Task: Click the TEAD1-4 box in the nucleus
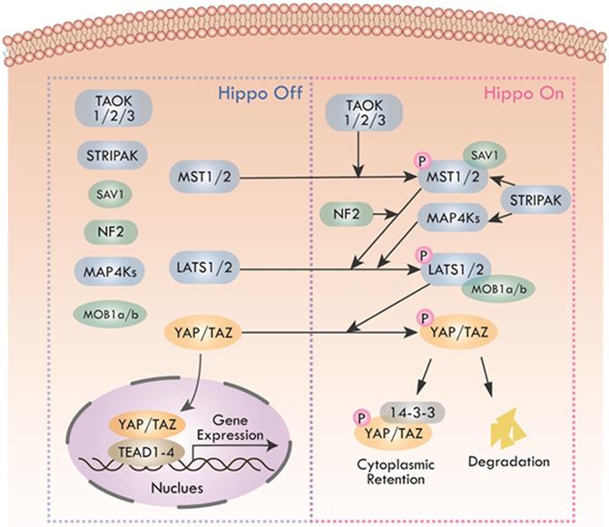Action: tap(145, 449)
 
